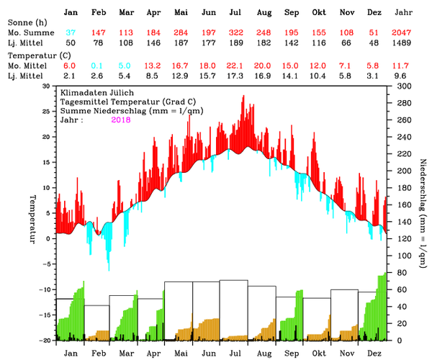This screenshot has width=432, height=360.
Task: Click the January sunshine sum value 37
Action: click(x=71, y=34)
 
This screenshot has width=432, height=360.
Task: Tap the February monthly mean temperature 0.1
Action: click(x=98, y=65)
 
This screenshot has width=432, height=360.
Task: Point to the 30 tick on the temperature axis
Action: click(x=48, y=85)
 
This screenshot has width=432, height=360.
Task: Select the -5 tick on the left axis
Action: click(x=48, y=264)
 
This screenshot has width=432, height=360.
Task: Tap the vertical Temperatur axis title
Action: click(x=32, y=218)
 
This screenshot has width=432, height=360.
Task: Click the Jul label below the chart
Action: click(x=235, y=354)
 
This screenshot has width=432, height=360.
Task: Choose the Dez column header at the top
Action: click(x=373, y=13)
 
